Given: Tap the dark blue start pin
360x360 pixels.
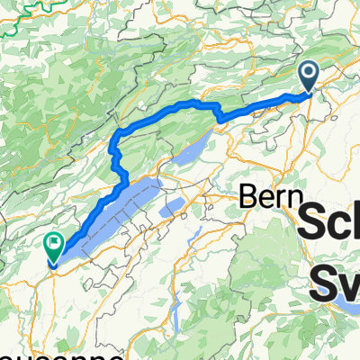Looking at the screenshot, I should pyautogui.click(x=309, y=76).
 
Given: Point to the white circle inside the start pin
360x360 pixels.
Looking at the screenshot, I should pyautogui.click(x=309, y=72).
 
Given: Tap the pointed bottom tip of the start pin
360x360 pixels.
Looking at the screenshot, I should pyautogui.click(x=309, y=92).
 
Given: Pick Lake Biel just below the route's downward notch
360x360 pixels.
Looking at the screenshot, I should pyautogui.click(x=193, y=148).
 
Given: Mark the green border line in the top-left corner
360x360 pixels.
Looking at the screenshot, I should pyautogui.click(x=22, y=22).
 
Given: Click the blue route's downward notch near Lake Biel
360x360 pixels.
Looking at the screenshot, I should pyautogui.click(x=219, y=118).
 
